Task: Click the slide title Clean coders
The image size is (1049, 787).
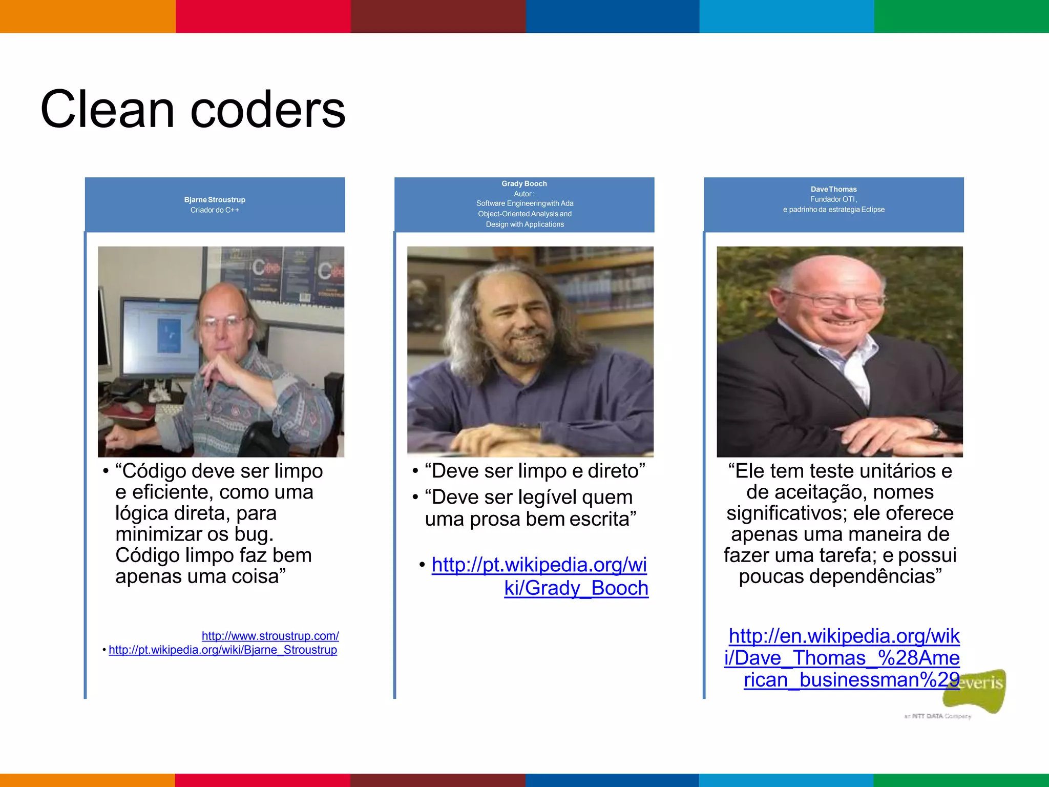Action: [x=193, y=109]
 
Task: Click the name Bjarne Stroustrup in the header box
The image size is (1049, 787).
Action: [x=215, y=200]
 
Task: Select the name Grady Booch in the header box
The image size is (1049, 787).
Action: [x=524, y=183]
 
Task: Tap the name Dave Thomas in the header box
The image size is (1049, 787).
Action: [x=833, y=189]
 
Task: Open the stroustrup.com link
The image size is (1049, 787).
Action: [x=270, y=636]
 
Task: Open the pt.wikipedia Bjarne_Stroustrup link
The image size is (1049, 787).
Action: [x=223, y=650]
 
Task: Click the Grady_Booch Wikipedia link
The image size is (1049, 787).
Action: [x=539, y=576]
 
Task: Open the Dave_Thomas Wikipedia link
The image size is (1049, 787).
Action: [x=843, y=657]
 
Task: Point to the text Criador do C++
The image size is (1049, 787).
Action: [x=215, y=210]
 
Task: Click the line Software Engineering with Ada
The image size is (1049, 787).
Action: [x=524, y=203]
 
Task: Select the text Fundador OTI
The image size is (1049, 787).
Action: [x=833, y=199]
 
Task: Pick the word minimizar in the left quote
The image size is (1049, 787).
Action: [x=159, y=534]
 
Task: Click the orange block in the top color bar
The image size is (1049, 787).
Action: [x=88, y=16]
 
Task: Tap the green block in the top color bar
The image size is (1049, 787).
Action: [x=961, y=16]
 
